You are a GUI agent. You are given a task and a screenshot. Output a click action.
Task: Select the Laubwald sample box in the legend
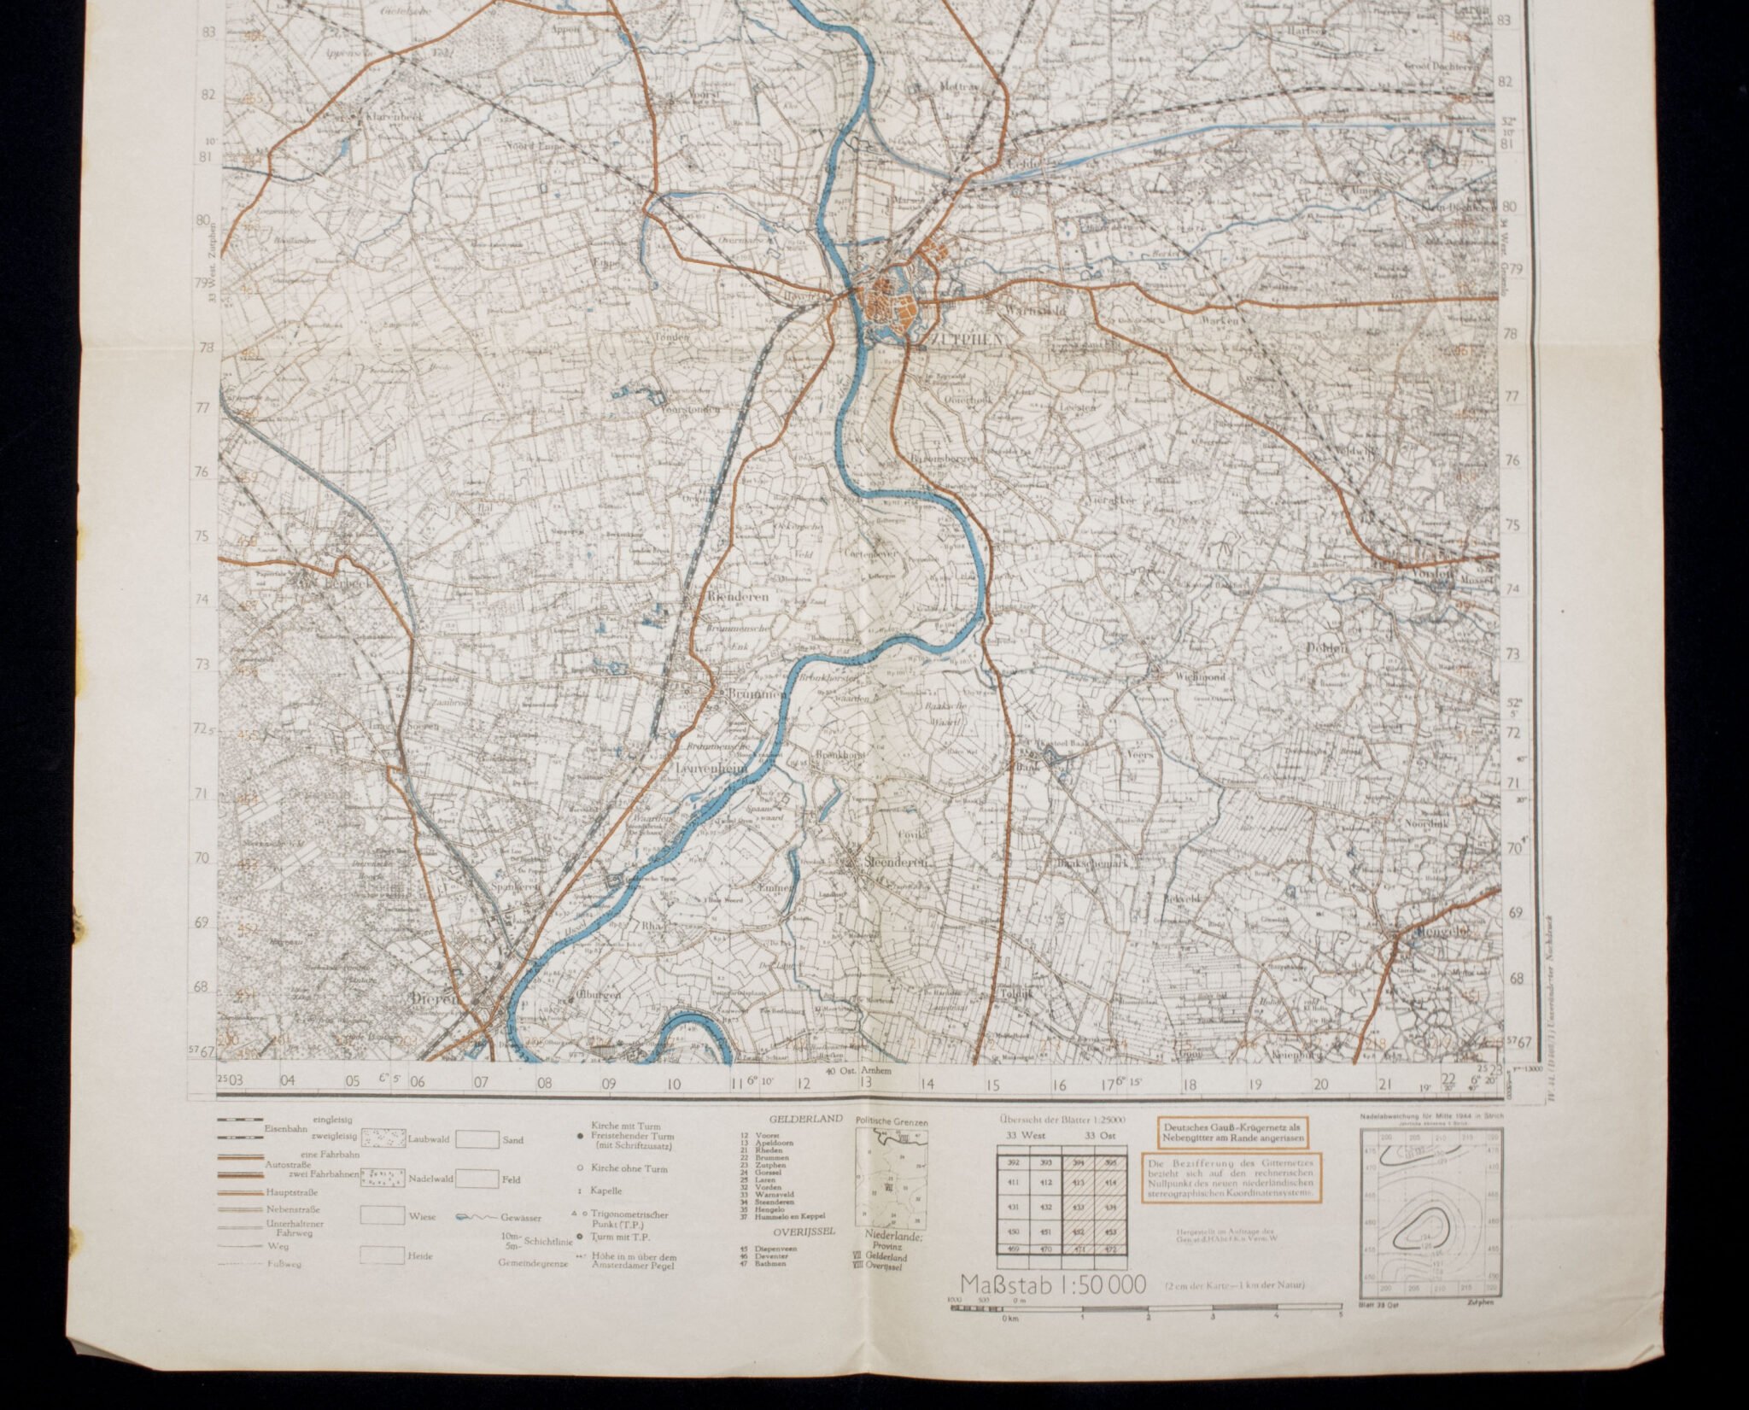(x=383, y=1139)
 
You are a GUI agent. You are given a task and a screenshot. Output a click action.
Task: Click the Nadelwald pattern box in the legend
(x=383, y=1179)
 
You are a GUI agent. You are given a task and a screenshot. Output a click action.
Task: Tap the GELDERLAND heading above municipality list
(x=793, y=1119)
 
